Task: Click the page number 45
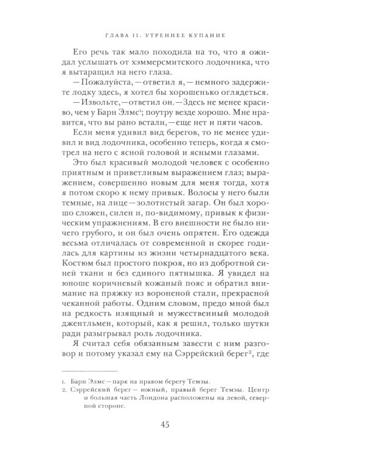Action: coord(182,425)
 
